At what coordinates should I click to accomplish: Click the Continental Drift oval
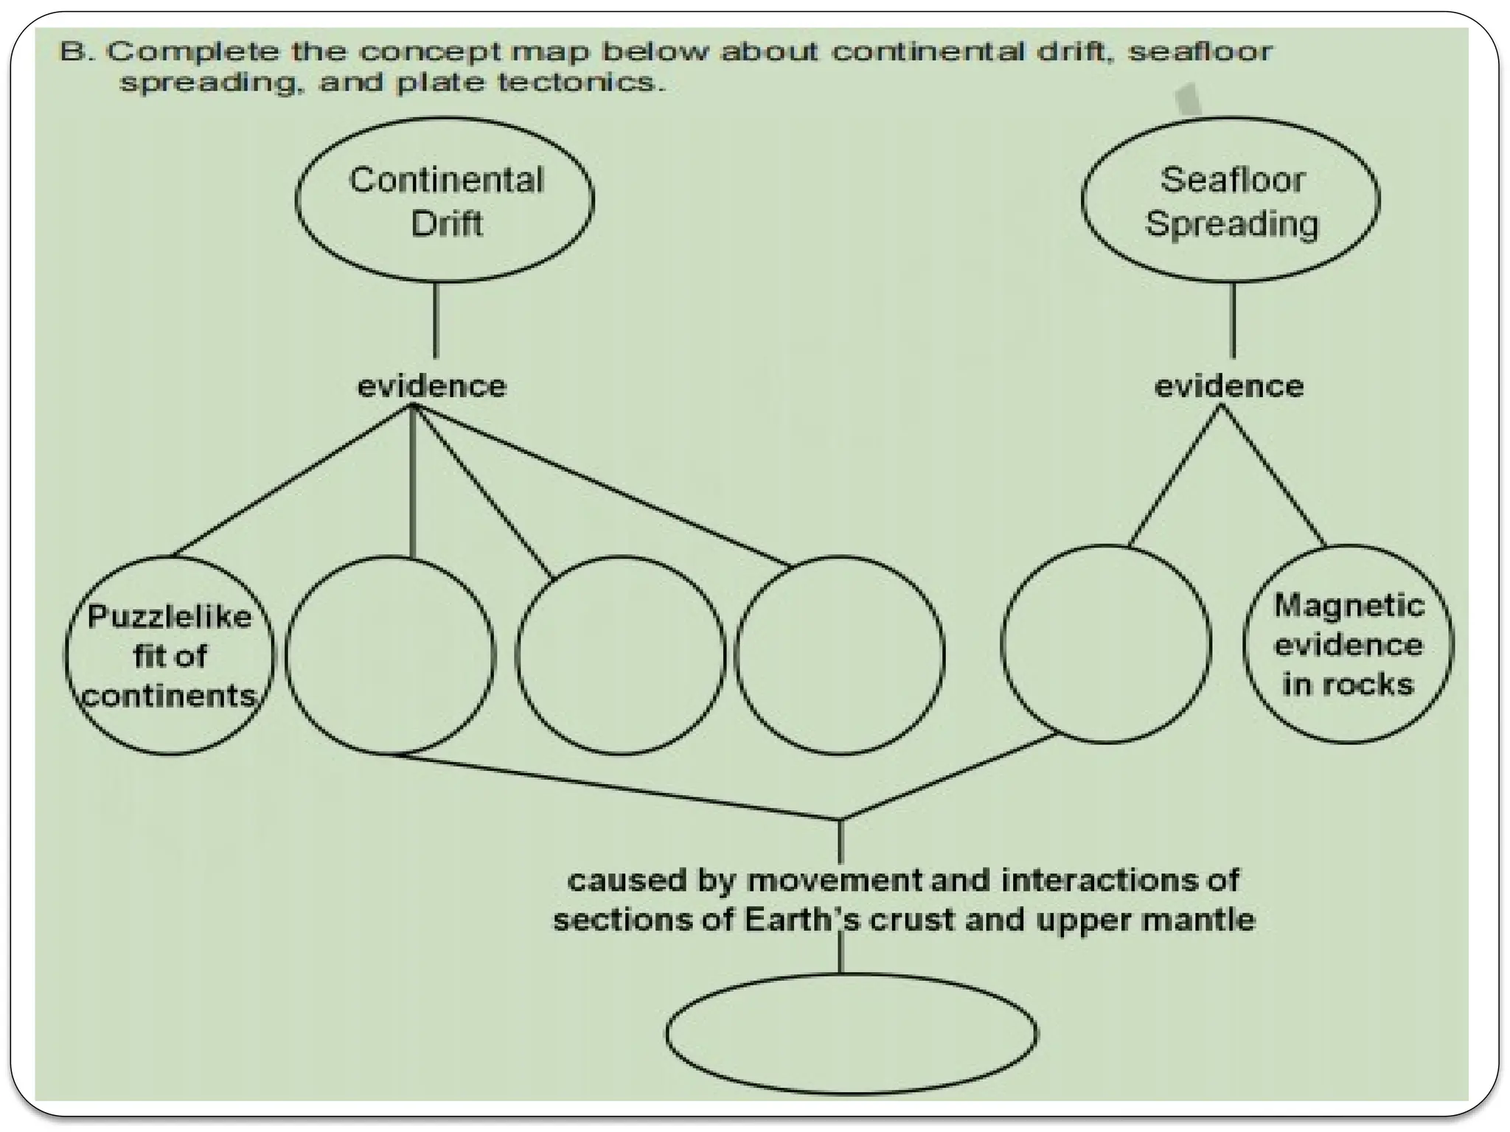[445, 200]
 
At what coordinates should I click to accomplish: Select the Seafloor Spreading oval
[1231, 200]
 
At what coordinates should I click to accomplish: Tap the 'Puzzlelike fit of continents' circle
[169, 655]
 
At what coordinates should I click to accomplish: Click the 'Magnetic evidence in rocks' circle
[1348, 644]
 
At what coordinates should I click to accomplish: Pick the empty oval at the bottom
[852, 1033]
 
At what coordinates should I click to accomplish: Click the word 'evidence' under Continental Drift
[432, 386]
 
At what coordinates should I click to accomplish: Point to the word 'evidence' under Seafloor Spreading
[1229, 386]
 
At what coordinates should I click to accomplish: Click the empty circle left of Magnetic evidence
[1105, 644]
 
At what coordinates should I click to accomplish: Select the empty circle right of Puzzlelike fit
[390, 655]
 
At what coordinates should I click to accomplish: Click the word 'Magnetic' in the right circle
[1349, 606]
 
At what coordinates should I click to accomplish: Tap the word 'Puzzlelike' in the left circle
[170, 617]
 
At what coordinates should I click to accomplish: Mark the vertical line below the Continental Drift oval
[436, 321]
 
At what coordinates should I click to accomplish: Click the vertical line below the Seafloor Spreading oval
[1233, 321]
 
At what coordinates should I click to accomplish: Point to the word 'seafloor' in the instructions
[1200, 52]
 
